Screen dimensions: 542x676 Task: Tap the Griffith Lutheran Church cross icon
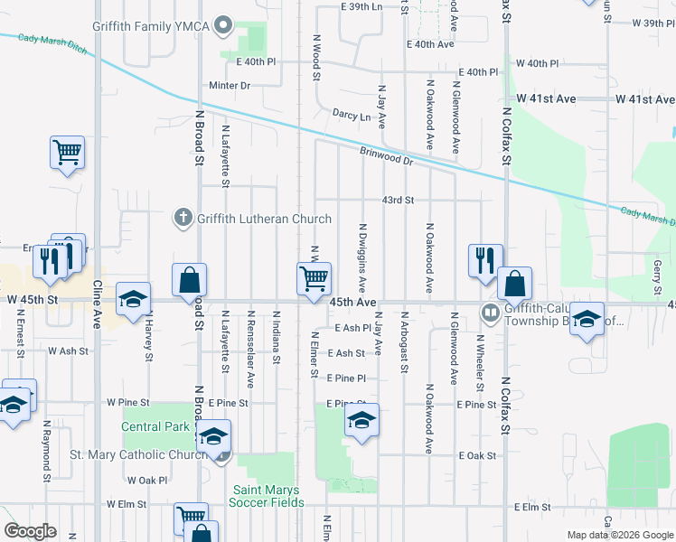[183, 218]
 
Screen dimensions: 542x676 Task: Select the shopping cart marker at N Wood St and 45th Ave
[314, 278]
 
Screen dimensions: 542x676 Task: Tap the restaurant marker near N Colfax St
[485, 260]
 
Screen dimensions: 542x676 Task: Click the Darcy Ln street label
[352, 116]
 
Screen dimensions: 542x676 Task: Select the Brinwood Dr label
[385, 156]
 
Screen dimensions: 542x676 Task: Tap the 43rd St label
[398, 200]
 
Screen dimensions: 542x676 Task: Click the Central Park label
[155, 426]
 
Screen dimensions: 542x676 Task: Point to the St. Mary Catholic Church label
[139, 454]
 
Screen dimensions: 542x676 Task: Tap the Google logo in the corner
[30, 531]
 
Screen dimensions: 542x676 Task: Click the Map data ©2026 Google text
[620, 535]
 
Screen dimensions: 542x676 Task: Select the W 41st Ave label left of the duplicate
[546, 98]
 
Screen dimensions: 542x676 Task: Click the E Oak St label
[477, 456]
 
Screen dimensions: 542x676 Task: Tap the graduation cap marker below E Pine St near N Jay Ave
[361, 419]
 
